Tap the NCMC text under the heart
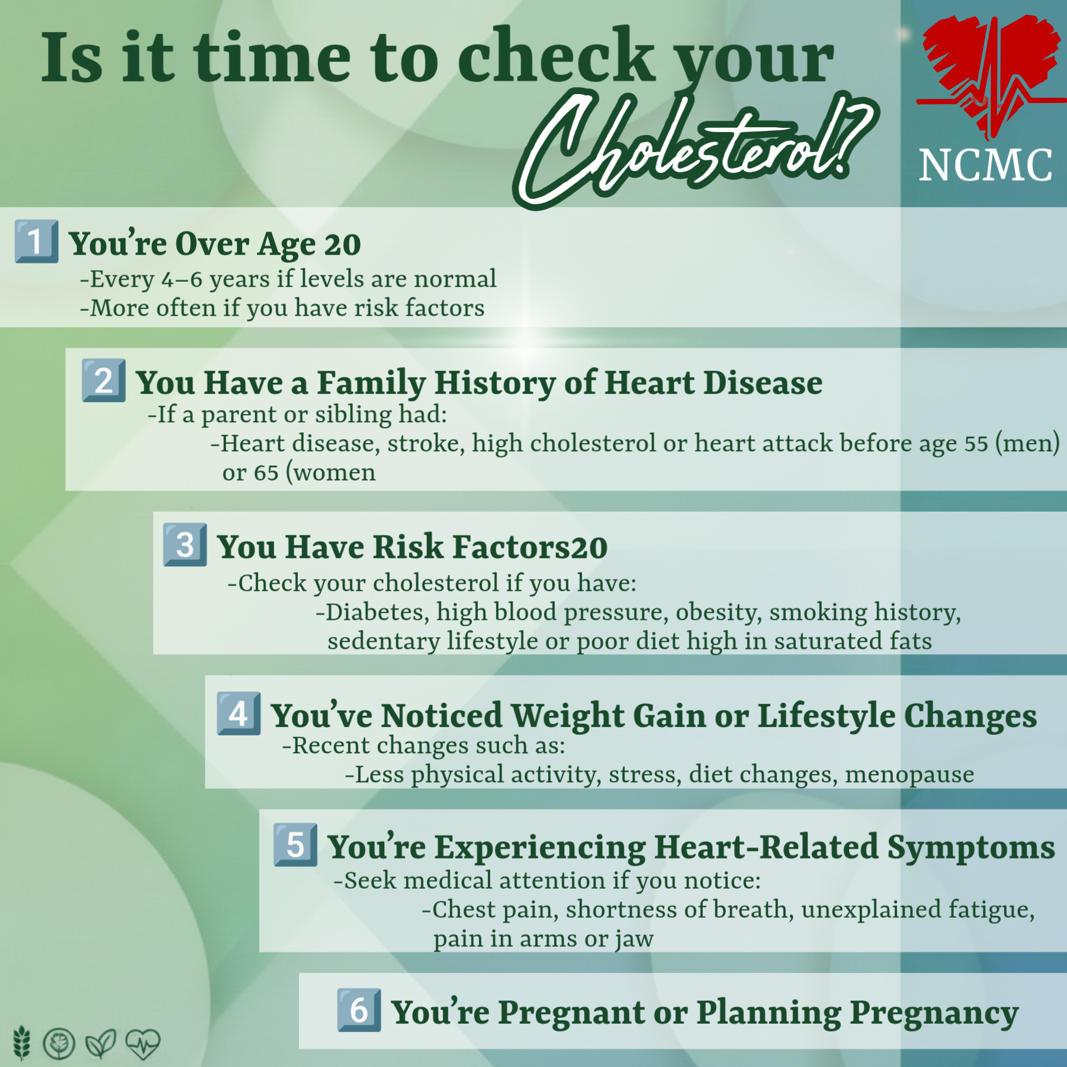(x=986, y=165)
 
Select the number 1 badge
(x=37, y=241)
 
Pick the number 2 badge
(x=104, y=380)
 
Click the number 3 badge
(x=185, y=545)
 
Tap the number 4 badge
(x=239, y=714)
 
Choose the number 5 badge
(x=295, y=845)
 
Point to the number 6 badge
(x=359, y=1010)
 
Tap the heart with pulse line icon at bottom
(x=143, y=1043)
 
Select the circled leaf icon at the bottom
(x=59, y=1043)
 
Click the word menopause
(x=909, y=774)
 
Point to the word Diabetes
(x=377, y=612)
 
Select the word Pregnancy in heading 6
(x=934, y=1013)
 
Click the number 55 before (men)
(x=976, y=444)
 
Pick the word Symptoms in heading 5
(x=971, y=848)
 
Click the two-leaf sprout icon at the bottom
(x=101, y=1044)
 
